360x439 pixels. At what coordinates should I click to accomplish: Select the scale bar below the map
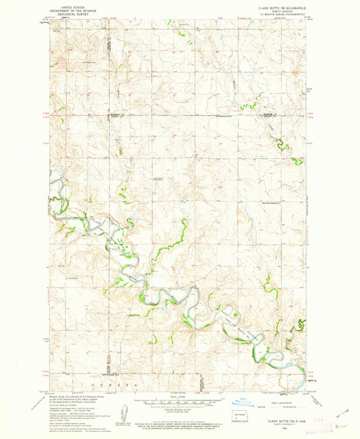180,396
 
